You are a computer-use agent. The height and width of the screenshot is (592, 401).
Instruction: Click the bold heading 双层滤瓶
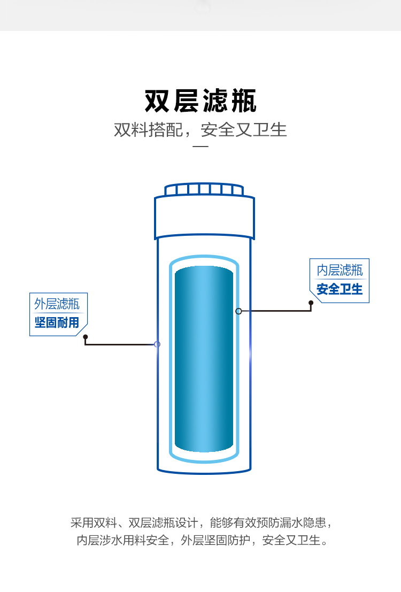coord(200,101)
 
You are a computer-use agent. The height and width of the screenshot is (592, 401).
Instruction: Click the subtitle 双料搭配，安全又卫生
coord(200,130)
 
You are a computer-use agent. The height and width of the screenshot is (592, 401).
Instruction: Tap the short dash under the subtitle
coord(200,146)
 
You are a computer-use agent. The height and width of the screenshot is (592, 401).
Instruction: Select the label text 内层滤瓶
coord(340,270)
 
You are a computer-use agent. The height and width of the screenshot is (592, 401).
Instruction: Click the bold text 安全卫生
coord(340,289)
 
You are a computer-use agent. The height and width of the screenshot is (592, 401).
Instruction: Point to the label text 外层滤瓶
coord(57,304)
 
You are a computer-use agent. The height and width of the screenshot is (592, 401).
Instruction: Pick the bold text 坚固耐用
coord(57,322)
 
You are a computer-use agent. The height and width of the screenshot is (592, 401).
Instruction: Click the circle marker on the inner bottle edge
coord(238,311)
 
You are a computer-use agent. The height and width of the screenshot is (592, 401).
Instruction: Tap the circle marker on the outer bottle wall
coord(157,344)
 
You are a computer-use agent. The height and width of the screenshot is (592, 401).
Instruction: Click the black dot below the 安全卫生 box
coord(311,303)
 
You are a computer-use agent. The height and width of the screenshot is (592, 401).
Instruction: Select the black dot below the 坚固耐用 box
coord(85,337)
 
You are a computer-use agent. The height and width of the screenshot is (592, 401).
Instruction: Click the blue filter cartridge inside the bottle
coord(204,358)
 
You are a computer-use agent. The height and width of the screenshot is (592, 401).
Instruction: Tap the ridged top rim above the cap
coord(204,189)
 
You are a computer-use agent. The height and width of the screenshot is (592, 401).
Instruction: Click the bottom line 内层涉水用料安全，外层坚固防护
coord(200,540)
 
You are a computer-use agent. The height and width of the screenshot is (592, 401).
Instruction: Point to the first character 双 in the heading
coord(157,101)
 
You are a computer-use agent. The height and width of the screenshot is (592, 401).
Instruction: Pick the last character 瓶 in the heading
coord(243,101)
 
